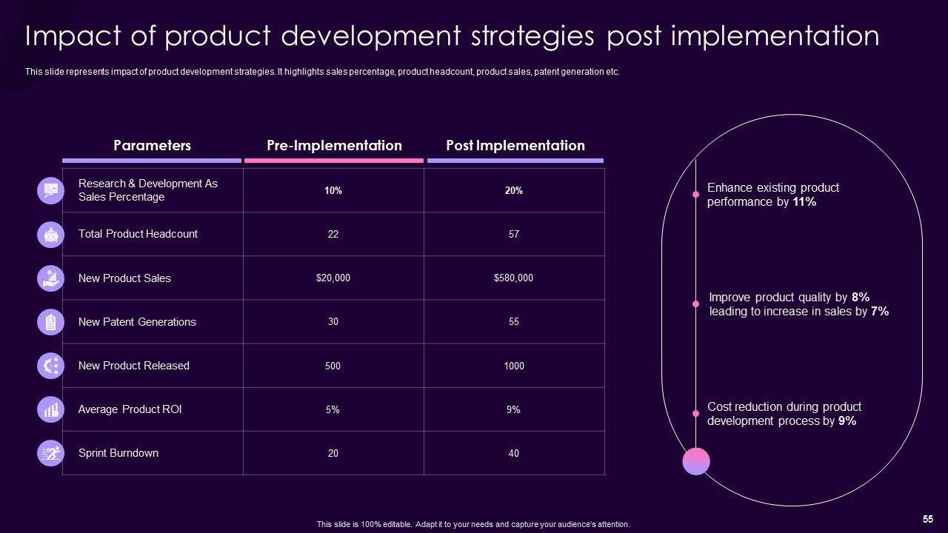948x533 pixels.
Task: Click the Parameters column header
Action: click(152, 146)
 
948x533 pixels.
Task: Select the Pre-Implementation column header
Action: click(334, 146)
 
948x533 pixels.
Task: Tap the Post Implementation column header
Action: click(515, 146)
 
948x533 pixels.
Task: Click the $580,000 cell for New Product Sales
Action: click(513, 278)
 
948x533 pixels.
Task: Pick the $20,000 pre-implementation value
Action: click(333, 278)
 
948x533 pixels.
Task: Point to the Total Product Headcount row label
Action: click(138, 234)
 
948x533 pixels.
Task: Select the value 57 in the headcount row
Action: click(514, 234)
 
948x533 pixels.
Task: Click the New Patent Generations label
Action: click(137, 322)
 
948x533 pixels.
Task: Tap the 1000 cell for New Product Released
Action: click(514, 366)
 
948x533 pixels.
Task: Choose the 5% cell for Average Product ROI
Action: click(333, 409)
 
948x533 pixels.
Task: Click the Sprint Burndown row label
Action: click(118, 453)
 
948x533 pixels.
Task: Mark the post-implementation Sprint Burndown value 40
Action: click(514, 453)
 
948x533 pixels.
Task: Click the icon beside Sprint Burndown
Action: click(50, 453)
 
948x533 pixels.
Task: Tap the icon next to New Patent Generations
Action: click(50, 322)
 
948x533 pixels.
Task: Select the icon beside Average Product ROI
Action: click(50, 409)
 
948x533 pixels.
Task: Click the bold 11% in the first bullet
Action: click(804, 202)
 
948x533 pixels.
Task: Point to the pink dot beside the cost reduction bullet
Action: click(695, 414)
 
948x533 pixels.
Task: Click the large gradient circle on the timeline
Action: click(696, 461)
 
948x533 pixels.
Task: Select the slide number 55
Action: click(927, 519)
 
